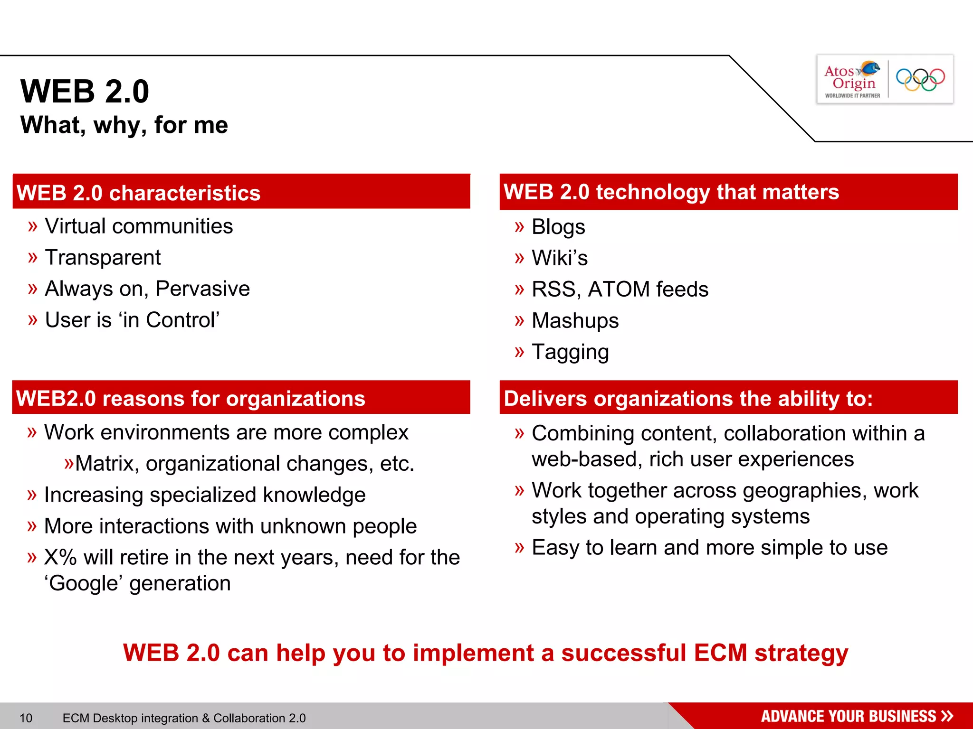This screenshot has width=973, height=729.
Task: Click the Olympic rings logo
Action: click(x=920, y=80)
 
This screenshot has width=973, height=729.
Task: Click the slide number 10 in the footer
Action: click(x=26, y=718)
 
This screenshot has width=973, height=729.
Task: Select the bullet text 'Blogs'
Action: click(x=558, y=227)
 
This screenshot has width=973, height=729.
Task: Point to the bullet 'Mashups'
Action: click(x=575, y=321)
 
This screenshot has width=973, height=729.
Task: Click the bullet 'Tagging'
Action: click(x=570, y=352)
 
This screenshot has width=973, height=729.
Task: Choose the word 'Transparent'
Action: click(x=103, y=258)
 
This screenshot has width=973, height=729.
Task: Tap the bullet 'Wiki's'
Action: click(x=560, y=258)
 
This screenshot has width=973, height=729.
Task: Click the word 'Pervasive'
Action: click(x=202, y=289)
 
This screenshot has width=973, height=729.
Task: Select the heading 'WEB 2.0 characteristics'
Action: click(x=138, y=193)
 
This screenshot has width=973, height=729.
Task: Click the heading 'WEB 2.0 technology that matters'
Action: click(x=671, y=192)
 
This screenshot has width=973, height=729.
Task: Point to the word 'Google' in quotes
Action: click(x=84, y=583)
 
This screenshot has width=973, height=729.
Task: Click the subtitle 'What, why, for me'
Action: click(x=124, y=125)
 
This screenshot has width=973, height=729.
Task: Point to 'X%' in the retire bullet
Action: click(x=60, y=558)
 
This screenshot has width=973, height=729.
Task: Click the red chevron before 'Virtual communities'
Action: click(x=32, y=226)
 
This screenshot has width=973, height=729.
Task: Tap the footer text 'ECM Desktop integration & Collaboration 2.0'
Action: click(x=184, y=718)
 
